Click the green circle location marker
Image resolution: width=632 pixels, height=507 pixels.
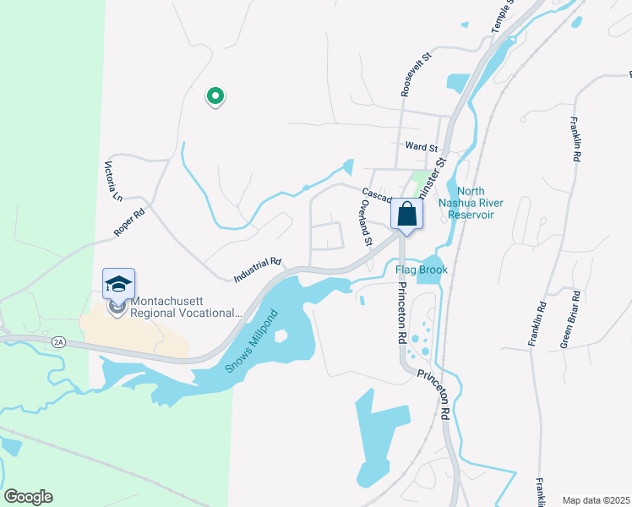(x=215, y=96)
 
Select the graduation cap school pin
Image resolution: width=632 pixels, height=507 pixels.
(x=118, y=284)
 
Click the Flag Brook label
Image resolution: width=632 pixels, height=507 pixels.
(x=421, y=270)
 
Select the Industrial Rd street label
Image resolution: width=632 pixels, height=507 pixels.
(x=257, y=270)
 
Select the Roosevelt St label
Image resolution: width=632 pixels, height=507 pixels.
(x=417, y=74)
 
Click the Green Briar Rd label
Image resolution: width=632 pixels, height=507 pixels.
(x=570, y=319)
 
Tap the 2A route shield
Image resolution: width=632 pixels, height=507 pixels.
(x=57, y=341)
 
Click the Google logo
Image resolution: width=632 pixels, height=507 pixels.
(x=28, y=496)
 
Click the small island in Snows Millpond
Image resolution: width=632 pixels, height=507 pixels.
(x=281, y=335)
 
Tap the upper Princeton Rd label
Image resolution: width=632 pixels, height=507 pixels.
(x=396, y=313)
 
